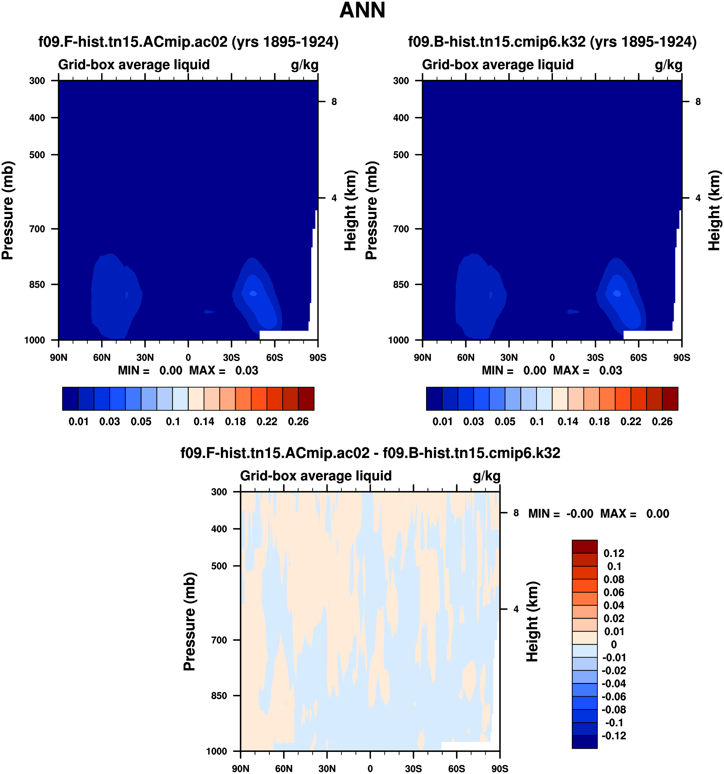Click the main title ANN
(362, 11)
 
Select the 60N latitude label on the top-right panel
(465, 358)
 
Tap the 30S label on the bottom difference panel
(413, 768)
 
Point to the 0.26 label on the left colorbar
(298, 422)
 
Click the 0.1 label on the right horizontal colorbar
(537, 422)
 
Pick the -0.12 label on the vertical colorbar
(614, 736)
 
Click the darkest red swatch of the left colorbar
(306, 399)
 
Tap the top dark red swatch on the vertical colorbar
(584, 547)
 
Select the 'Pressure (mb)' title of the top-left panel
(8, 210)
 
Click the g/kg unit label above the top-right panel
(668, 65)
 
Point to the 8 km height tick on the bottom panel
(516, 513)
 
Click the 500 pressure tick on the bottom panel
(219, 566)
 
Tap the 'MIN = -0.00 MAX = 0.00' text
(598, 514)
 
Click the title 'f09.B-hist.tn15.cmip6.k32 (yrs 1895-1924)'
(552, 42)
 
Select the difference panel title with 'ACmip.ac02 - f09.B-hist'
(370, 453)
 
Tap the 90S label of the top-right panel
(682, 358)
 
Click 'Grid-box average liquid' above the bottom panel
(316, 476)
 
